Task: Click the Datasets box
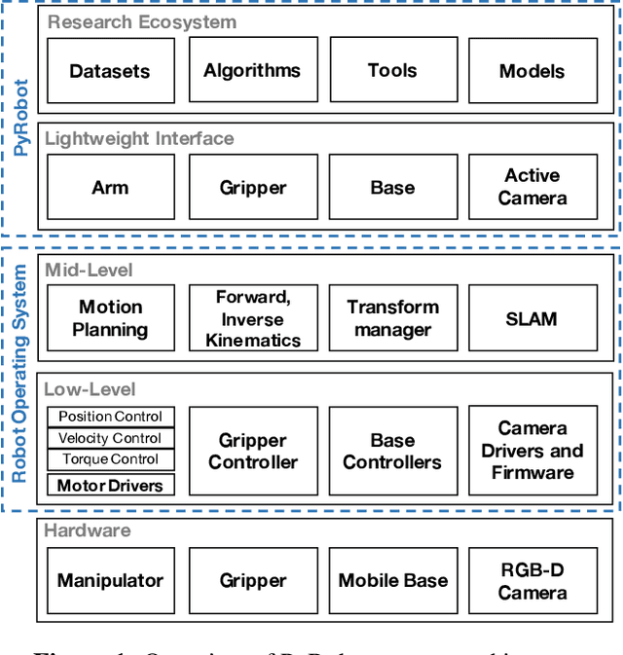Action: (x=110, y=71)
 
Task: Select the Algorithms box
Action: (x=252, y=71)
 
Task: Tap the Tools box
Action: (x=392, y=71)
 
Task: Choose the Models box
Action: (x=531, y=71)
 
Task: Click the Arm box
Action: (x=110, y=187)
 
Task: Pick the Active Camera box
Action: (x=531, y=187)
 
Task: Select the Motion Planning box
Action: (x=110, y=318)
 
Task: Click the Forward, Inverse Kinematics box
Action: (x=252, y=318)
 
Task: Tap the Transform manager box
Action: (x=392, y=318)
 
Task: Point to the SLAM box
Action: (x=531, y=318)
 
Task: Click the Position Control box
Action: (x=111, y=417)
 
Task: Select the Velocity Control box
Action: (x=111, y=438)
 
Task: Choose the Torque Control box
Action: (x=111, y=459)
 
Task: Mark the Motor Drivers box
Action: (x=111, y=485)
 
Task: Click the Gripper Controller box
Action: (x=252, y=451)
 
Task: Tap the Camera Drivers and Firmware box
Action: (x=531, y=451)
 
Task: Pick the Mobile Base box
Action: (x=392, y=581)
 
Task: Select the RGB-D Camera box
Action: (x=531, y=581)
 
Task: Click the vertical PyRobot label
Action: (x=20, y=119)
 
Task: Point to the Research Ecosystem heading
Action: (x=142, y=20)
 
